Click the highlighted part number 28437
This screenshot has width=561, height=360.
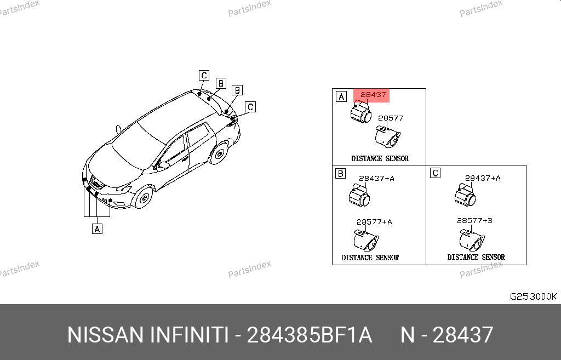tap(373, 94)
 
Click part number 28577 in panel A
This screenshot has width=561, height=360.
tap(391, 118)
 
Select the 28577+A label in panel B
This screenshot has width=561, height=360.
tap(374, 222)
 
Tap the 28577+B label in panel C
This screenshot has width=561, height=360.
tap(474, 220)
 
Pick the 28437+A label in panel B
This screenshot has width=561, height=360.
tap(377, 178)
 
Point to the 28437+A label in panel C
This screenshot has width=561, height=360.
tap(483, 178)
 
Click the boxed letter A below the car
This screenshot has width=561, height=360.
tap(97, 228)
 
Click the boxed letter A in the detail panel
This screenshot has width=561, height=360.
tap(341, 96)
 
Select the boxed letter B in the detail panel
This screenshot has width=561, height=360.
tap(340, 174)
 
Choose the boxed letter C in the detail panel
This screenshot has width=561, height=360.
tap(435, 173)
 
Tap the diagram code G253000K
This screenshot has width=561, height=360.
tap(534, 296)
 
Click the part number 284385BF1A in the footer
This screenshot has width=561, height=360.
tap(310, 335)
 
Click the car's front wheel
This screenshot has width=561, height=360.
tap(144, 197)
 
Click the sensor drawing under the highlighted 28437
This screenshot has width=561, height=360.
tap(360, 112)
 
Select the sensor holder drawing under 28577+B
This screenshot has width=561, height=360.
tap(472, 239)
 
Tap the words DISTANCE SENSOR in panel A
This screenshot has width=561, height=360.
tap(380, 158)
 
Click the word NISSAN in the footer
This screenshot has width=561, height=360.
tap(106, 335)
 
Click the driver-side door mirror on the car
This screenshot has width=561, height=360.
tap(164, 165)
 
